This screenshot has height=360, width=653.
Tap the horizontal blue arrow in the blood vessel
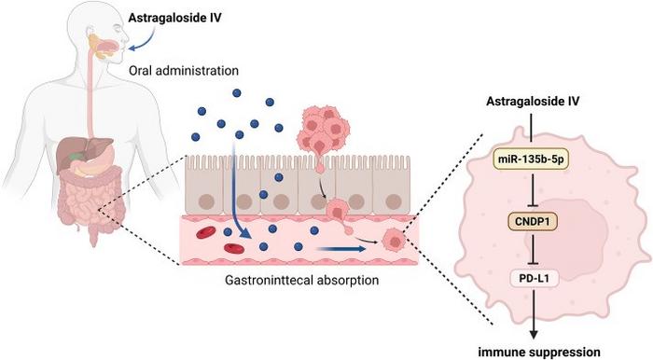click(x=341, y=249)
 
